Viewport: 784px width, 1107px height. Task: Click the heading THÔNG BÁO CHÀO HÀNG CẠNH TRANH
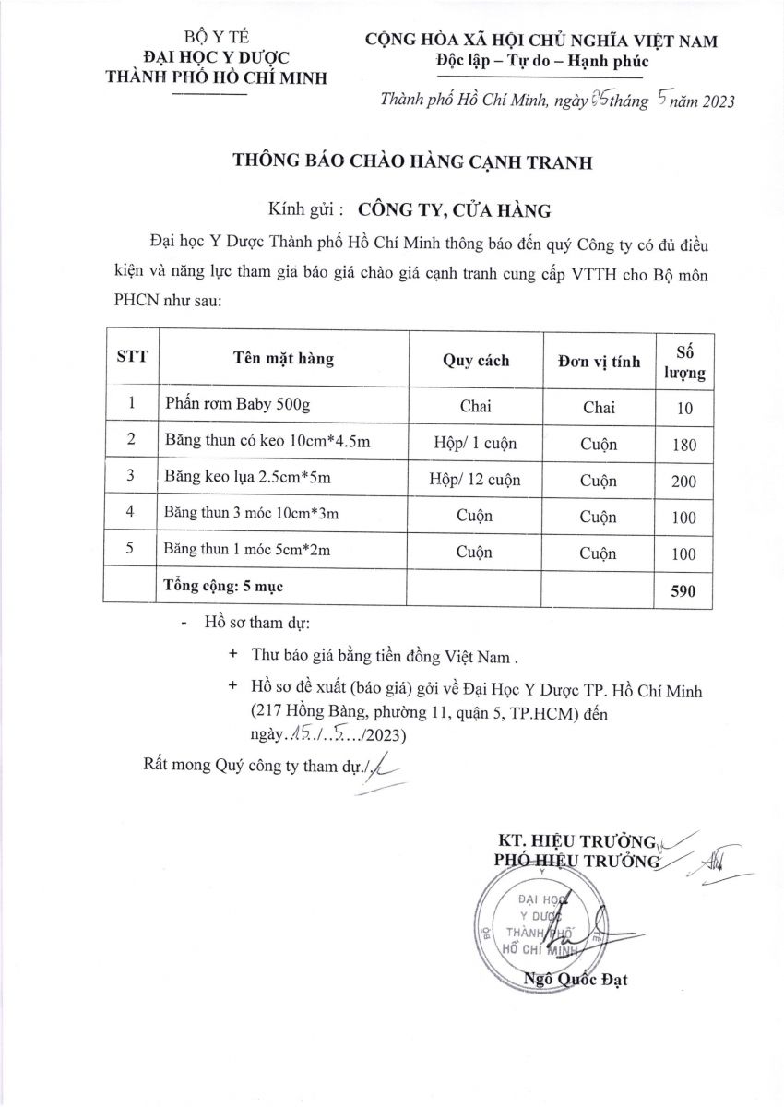[412, 163]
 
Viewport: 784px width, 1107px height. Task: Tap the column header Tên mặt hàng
[283, 359]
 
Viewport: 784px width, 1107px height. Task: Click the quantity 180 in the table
[684, 445]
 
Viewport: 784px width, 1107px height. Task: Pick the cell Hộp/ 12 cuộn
[475, 480]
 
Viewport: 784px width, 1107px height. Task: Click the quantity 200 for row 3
[684, 482]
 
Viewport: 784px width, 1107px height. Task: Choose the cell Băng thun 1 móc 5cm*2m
[246, 551]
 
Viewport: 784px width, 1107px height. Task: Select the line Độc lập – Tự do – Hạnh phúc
[542, 62]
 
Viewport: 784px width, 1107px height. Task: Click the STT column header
[131, 359]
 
